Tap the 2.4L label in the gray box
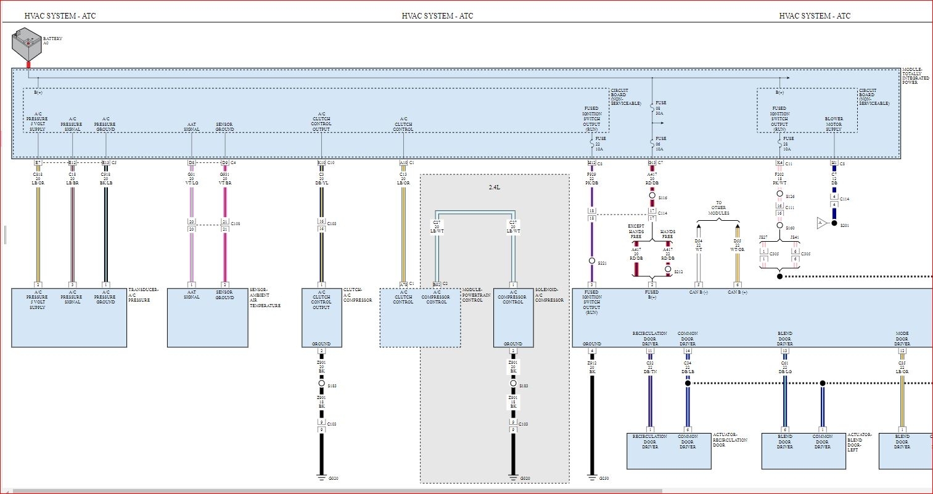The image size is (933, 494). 494,187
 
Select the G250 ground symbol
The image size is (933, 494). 592,477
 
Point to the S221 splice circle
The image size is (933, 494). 592,261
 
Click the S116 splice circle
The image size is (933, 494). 652,196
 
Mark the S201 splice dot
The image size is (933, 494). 834,223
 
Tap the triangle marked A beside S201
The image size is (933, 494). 820,223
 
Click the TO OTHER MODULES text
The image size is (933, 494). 718,208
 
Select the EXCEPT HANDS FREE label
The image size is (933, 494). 636,231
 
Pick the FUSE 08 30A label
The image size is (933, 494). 660,108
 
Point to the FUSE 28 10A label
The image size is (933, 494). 787,144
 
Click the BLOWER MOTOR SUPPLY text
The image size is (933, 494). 834,124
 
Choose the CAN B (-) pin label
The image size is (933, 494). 699,292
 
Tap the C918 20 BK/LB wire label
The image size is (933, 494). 106,179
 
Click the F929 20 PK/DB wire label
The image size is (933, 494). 592,179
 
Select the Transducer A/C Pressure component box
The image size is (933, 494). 69,318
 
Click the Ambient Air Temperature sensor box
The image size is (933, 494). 207,318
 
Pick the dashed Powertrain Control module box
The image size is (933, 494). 420,318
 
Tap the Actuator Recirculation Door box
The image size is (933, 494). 669,450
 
